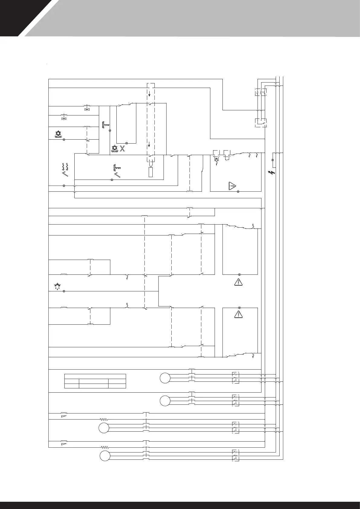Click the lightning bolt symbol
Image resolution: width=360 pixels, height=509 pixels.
click(271, 173)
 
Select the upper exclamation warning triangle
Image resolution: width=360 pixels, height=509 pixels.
click(239, 282)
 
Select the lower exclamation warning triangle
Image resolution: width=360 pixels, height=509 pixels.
click(239, 314)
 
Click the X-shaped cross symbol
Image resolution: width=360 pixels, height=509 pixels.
click(122, 148)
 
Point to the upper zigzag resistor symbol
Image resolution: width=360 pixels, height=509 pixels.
click(104, 420)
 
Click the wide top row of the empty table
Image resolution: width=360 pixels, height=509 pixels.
click(95, 376)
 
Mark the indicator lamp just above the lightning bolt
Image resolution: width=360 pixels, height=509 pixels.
click(273, 159)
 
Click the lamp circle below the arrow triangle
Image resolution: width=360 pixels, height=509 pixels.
click(238, 192)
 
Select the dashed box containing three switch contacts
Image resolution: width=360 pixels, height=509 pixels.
click(260, 92)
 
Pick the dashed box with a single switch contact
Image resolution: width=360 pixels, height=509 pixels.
click(261, 123)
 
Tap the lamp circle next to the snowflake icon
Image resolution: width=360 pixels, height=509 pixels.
click(64, 291)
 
